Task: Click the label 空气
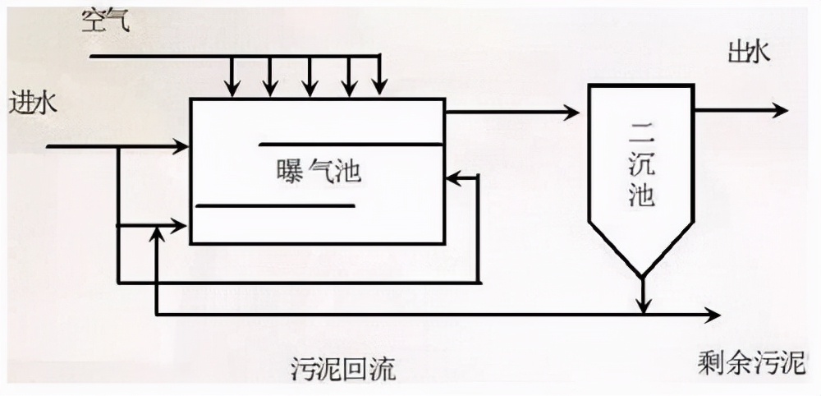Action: pos(104,21)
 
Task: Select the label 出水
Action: pos(749,53)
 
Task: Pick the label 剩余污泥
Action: pos(752,361)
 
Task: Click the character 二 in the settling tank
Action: pos(642,131)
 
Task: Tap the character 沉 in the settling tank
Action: pos(642,164)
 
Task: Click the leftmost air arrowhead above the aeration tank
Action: pos(235,85)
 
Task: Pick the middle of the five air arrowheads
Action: pos(310,85)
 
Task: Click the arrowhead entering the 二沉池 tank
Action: pos(571,112)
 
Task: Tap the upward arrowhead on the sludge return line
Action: pos(156,234)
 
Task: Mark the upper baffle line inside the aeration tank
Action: pos(351,145)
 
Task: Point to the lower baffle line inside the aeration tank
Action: pos(275,205)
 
